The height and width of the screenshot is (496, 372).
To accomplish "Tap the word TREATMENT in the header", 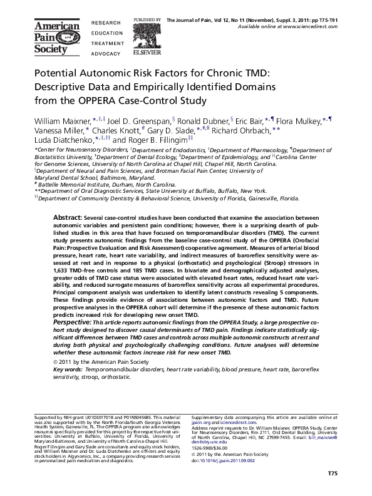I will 108,43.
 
